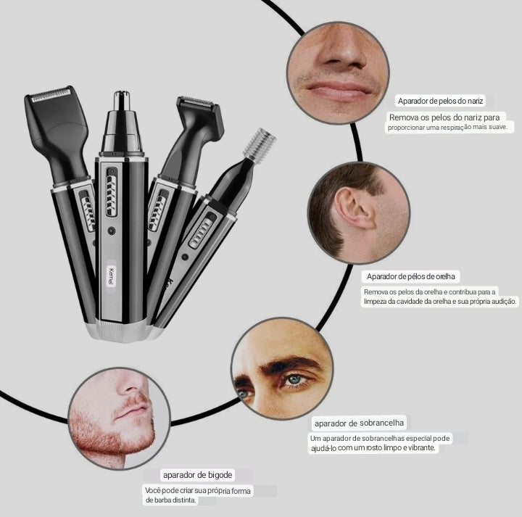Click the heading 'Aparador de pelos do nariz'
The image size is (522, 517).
click(x=440, y=101)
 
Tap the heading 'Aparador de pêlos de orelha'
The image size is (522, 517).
click(x=410, y=276)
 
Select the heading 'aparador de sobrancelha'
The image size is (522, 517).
click(x=359, y=423)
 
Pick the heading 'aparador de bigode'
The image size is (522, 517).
click(x=197, y=475)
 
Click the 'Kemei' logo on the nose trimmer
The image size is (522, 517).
click(x=112, y=276)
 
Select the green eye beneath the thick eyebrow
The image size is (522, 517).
click(x=294, y=379)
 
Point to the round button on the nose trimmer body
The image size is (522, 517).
click(x=112, y=231)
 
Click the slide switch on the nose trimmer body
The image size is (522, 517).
click(x=112, y=192)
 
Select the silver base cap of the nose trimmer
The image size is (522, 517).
click(x=120, y=331)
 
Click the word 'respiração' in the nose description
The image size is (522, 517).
click(x=456, y=127)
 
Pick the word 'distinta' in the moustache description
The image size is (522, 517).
click(x=184, y=500)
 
